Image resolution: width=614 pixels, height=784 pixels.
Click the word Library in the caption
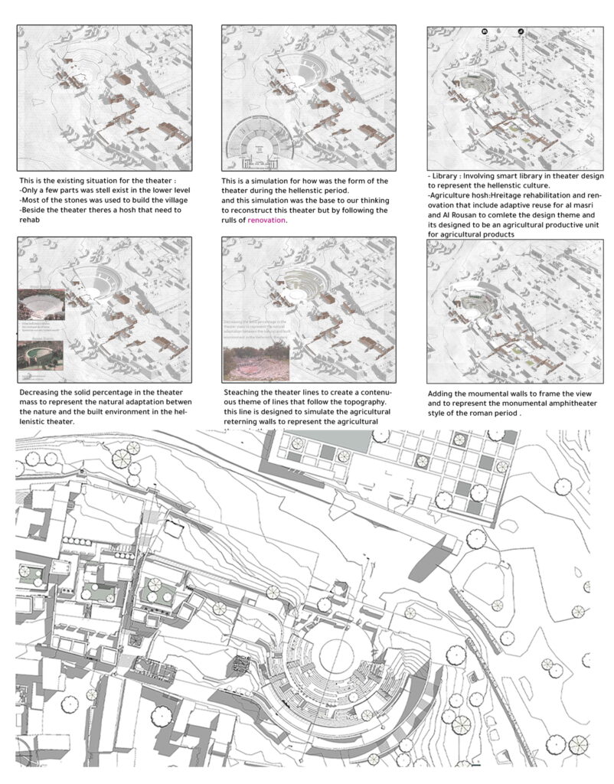coord(449,175)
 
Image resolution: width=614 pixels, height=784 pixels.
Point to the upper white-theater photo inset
coord(41,306)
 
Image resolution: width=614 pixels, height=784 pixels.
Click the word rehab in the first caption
coord(28,219)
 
